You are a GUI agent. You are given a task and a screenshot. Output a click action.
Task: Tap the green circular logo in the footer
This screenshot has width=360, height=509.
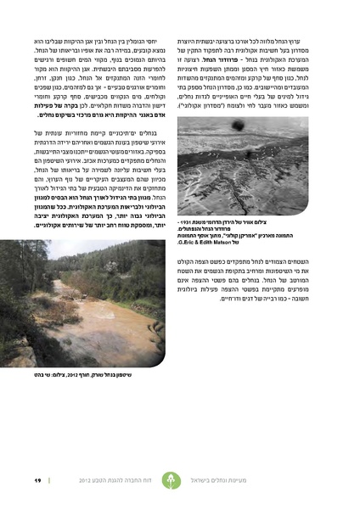(x=196, y=481)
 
